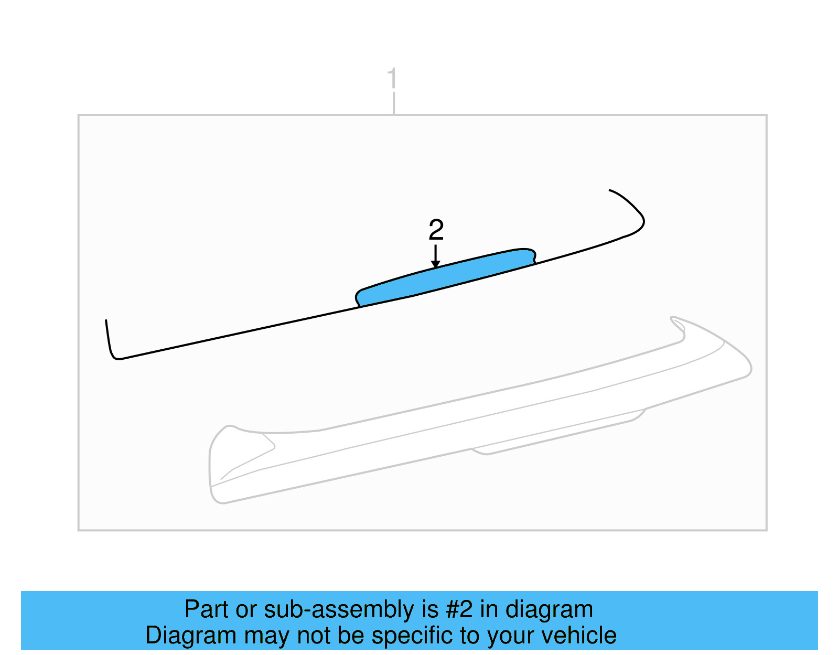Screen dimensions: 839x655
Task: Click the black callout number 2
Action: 436,230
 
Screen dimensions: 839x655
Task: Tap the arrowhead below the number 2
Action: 435,264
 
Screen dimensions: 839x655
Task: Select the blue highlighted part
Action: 446,276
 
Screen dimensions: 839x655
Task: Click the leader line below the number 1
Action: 393,103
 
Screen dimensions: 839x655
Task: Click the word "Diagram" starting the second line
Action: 191,636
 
